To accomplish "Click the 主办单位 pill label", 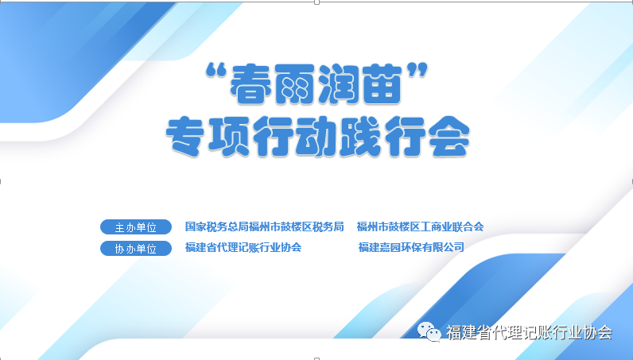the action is tap(136, 227).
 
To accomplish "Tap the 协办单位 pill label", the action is tap(136, 248).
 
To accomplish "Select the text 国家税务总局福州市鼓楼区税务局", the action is tap(265, 226).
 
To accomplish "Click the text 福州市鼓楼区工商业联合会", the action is tap(420, 226).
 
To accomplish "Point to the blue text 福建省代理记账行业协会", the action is tap(243, 247).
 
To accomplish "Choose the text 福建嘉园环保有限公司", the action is tap(411, 247).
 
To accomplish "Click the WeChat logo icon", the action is tap(429, 332).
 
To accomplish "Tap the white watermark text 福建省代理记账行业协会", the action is tap(530, 332).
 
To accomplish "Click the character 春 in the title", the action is tap(250, 84).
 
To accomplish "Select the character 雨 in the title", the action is tap(295, 84).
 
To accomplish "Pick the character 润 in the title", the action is tap(338, 84).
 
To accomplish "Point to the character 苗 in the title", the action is tap(382, 84).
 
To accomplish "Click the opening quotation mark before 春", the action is tap(216, 72).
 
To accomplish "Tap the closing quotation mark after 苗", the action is tap(417, 72).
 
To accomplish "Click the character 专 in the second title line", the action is tap(186, 136).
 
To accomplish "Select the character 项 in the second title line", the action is tap(229, 136).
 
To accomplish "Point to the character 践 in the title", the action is tap(360, 136).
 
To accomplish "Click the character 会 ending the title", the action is tap(448, 136).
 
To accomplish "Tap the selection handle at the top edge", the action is tap(317, 2).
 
